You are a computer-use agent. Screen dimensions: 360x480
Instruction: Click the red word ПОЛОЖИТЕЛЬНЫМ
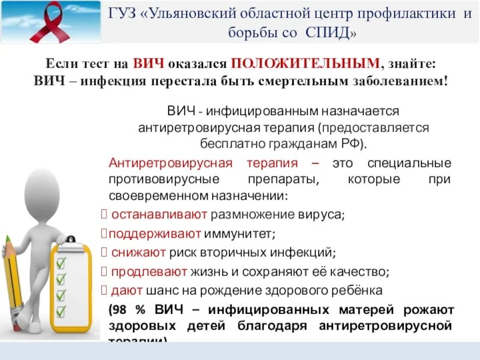[305, 63]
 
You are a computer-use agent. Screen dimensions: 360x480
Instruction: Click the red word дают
[126, 291]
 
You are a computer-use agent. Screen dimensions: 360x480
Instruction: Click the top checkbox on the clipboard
[61, 263]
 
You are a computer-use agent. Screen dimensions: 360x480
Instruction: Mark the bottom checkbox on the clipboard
[61, 310]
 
